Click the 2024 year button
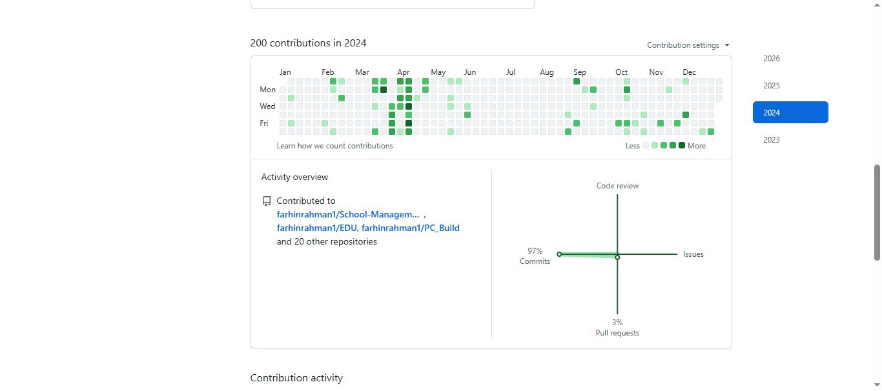[x=790, y=112]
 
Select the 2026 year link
[x=772, y=59]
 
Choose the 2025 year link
[x=772, y=86]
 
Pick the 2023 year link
[x=772, y=140]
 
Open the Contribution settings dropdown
[x=688, y=45]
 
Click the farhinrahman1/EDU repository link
[x=316, y=228]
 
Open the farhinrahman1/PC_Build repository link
[x=411, y=228]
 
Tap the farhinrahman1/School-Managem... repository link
[x=348, y=214]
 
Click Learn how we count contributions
[x=334, y=146]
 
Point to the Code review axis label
[x=617, y=186]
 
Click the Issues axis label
[x=693, y=254]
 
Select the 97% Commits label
[x=535, y=256]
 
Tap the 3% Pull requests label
[x=617, y=328]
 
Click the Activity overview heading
[x=294, y=177]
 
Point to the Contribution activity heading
[x=296, y=378]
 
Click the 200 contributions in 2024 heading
[x=308, y=43]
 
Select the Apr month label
[x=404, y=72]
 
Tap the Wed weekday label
[x=267, y=106]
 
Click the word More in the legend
[x=697, y=146]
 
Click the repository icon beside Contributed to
[x=267, y=201]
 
